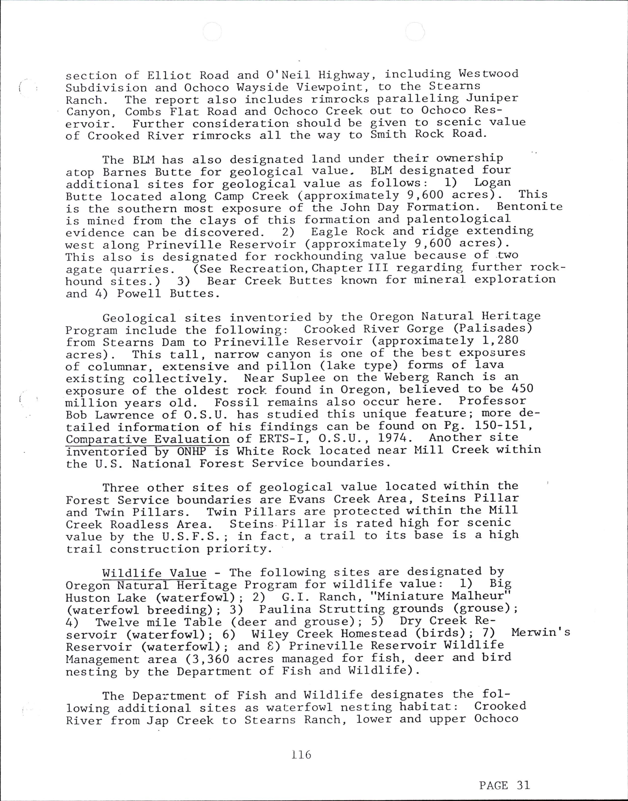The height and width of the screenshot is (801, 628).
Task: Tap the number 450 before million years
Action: click(522, 389)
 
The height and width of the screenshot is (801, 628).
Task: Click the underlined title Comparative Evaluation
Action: click(147, 439)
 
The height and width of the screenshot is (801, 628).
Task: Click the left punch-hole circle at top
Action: click(212, 32)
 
